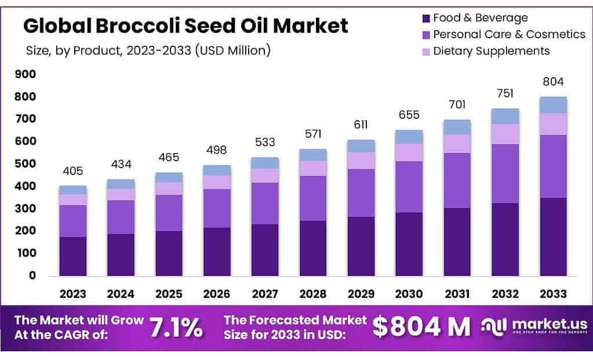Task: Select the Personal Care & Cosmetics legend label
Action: click(510, 34)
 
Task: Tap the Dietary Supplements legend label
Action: click(491, 51)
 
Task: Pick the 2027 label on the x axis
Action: click(265, 294)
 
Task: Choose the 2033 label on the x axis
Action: click(553, 294)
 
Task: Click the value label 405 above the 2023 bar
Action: click(73, 171)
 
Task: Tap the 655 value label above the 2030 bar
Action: click(409, 115)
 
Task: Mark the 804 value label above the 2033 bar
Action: click(553, 82)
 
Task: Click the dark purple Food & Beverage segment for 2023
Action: click(73, 256)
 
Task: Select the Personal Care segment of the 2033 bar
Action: click(553, 166)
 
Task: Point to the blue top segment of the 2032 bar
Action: click(505, 116)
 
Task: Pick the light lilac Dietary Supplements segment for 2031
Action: click(457, 143)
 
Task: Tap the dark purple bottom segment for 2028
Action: click(313, 248)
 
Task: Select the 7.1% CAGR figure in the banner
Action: click(176, 328)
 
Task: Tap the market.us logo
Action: click(534, 326)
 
